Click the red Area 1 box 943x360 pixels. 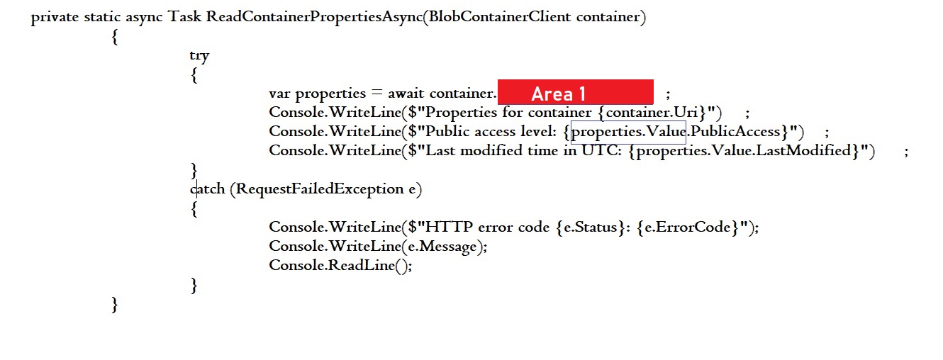pos(575,93)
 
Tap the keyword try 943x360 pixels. pos(199,55)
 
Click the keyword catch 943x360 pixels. pos(208,189)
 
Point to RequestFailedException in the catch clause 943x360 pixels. pos(320,189)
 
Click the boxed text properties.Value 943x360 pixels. pos(628,131)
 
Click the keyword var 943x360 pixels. pos(279,93)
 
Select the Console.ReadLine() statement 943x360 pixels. pos(340,265)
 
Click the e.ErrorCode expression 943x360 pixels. pos(686,227)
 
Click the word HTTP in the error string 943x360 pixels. pos(450,227)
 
